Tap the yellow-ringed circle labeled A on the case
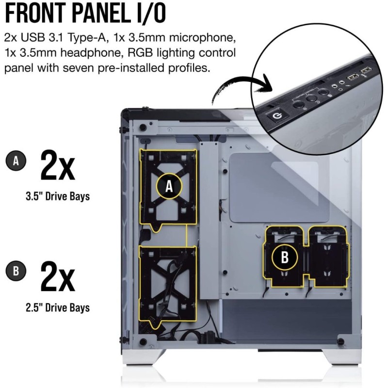tap(169, 186)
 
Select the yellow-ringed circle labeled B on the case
tap(285, 258)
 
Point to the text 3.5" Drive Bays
tap(57, 197)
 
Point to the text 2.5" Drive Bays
tap(57, 307)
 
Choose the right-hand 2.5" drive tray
tap(329, 258)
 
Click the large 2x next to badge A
tap(57, 166)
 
